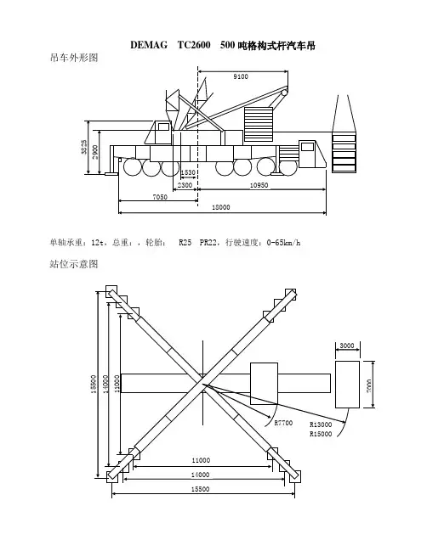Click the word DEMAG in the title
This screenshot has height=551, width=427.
coord(149,45)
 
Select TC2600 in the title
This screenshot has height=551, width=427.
coord(194,45)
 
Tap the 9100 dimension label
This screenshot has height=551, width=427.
coord(241,76)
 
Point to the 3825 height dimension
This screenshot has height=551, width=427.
coord(84,147)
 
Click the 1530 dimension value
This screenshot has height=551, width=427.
coord(188,172)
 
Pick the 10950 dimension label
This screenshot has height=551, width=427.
coord(259,185)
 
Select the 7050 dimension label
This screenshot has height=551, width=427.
coord(160,197)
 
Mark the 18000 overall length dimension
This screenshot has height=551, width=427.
coord(221,208)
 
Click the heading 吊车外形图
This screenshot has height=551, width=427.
coord(73,58)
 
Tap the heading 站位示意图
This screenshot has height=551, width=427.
coord(73,264)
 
